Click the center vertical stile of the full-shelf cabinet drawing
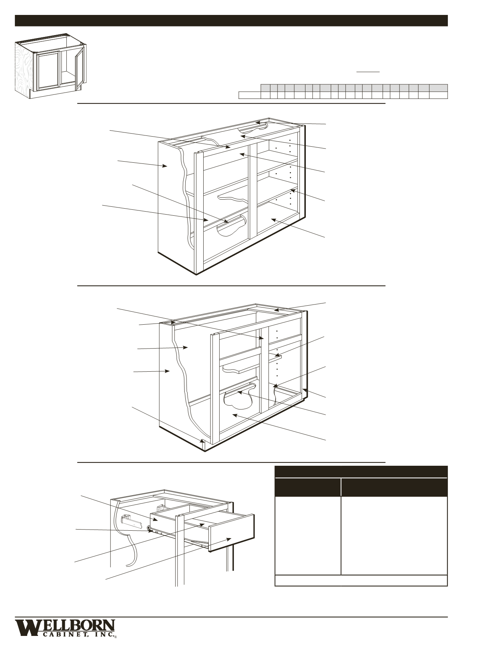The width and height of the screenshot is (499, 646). tap(252, 190)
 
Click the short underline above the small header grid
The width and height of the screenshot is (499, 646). tap(368, 71)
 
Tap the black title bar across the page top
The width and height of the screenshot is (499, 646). tap(231, 21)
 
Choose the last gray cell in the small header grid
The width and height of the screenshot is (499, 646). tap(438, 88)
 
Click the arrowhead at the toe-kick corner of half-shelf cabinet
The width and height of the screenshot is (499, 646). tap(203, 440)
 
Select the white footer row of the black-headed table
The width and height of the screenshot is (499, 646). tap(361, 580)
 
